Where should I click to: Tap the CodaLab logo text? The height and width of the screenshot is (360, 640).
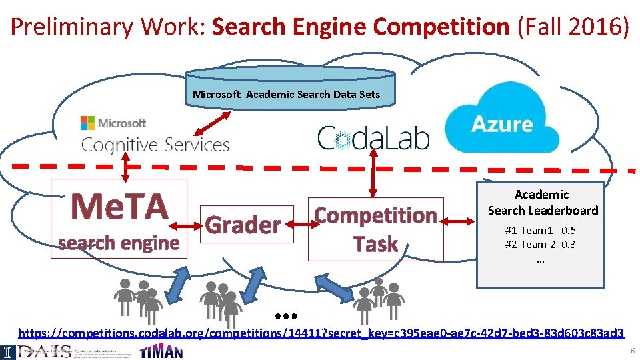(x=373, y=138)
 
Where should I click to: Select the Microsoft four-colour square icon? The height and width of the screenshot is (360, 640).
(x=87, y=123)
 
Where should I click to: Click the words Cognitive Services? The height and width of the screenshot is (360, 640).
(x=155, y=145)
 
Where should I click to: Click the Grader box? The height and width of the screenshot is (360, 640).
(x=243, y=225)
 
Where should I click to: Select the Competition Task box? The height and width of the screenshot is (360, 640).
(x=376, y=229)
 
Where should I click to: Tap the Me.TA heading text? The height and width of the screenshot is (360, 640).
(x=120, y=206)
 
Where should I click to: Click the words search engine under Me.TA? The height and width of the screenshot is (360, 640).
(x=119, y=243)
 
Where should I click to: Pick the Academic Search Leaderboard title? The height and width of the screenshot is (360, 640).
(x=543, y=202)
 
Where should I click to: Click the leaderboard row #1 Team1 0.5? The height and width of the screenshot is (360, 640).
(x=540, y=230)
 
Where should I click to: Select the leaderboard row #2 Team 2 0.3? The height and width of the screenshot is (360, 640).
(x=540, y=244)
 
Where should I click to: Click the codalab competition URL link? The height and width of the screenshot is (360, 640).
(x=321, y=332)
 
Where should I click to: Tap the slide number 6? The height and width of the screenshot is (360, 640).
(x=632, y=351)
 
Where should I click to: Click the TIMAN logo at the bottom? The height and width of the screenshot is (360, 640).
(x=161, y=351)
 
